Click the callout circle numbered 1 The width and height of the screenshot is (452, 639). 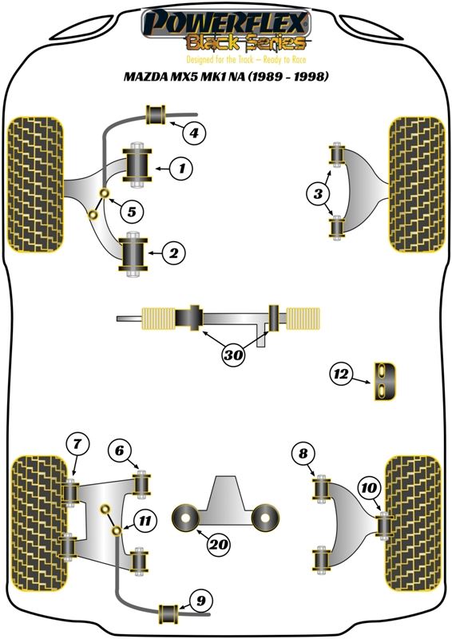(182, 169)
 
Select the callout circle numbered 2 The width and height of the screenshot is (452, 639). (174, 254)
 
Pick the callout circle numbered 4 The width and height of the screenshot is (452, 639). (193, 133)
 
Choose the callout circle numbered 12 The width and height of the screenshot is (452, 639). (342, 373)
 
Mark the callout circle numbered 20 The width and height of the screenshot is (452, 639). (217, 546)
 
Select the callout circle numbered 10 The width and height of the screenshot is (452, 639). (368, 486)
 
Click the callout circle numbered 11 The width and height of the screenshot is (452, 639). (144, 522)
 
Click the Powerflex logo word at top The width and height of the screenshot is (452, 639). (224, 21)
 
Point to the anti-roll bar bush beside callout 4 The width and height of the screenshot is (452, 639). (157, 115)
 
